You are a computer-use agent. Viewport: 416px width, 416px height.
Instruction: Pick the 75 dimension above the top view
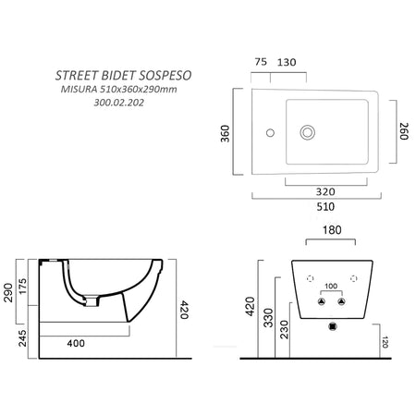[260, 62]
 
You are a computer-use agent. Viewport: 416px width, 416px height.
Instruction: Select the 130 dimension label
[288, 62]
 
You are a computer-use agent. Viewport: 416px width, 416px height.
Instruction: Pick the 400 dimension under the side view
[78, 344]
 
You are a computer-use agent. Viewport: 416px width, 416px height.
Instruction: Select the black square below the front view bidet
[332, 326]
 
